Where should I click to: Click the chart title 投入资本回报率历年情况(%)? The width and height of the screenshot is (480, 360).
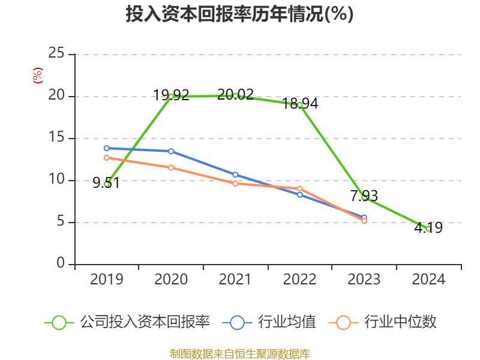(x=239, y=14)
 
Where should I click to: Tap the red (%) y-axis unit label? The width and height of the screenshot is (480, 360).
(x=38, y=76)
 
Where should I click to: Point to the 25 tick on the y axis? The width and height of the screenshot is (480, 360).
(x=56, y=53)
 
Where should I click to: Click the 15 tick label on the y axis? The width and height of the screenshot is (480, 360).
(x=56, y=137)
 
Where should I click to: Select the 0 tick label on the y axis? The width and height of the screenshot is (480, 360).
(x=61, y=263)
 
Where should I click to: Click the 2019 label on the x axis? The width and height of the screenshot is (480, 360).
(x=107, y=279)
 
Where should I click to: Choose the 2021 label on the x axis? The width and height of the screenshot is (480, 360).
(x=235, y=279)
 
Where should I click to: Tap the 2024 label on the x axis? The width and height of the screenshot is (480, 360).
(x=428, y=279)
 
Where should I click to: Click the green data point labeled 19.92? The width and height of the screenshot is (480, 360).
(x=171, y=97)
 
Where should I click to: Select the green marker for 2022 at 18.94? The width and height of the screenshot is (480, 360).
(x=300, y=105)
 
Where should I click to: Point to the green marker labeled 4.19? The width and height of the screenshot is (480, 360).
(x=428, y=229)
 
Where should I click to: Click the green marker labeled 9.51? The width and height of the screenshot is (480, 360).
(x=107, y=184)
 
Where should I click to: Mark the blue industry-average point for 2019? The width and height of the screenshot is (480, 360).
(x=107, y=148)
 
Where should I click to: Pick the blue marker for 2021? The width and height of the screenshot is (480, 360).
(x=235, y=175)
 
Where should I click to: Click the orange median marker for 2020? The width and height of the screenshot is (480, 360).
(x=171, y=167)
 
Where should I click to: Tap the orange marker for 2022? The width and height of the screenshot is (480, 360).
(x=300, y=188)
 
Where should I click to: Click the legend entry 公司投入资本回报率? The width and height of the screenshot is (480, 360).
(x=127, y=322)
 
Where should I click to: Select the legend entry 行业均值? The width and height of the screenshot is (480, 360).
(x=269, y=322)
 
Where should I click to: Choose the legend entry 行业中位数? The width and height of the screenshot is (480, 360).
(x=382, y=322)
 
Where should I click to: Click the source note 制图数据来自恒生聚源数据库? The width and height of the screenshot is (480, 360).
(x=240, y=354)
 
